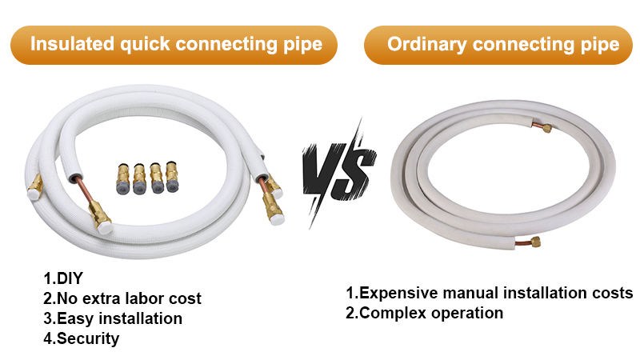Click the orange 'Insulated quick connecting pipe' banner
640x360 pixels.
pyautogui.click(x=176, y=43)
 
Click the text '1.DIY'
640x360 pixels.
pyautogui.click(x=63, y=278)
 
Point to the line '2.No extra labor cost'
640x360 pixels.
pyautogui.click(x=122, y=298)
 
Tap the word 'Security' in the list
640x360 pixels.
pyautogui.click(x=87, y=338)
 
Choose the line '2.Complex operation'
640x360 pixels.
pyautogui.click(x=424, y=313)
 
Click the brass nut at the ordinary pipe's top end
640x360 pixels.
pyautogui.click(x=546, y=127)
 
